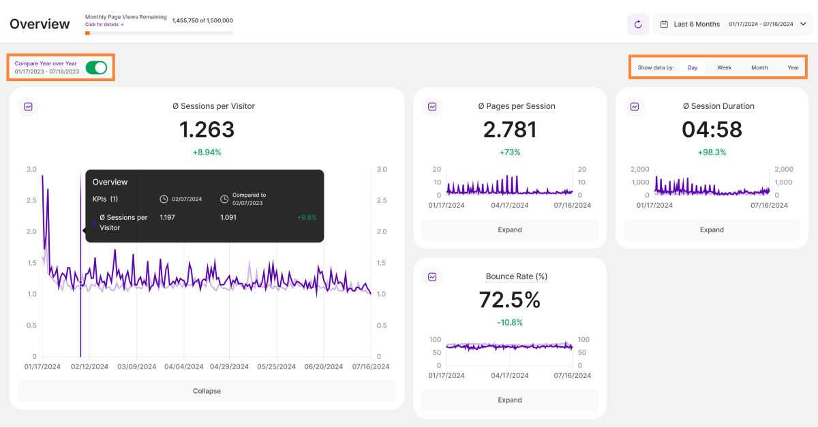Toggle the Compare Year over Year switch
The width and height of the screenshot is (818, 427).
pyautogui.click(x=96, y=67)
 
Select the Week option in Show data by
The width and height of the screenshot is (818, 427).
pyautogui.click(x=724, y=67)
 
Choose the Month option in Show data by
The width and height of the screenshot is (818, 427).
pyautogui.click(x=759, y=67)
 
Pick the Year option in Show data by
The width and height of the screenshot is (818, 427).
pyautogui.click(x=793, y=67)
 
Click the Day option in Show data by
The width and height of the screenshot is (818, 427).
pyautogui.click(x=693, y=67)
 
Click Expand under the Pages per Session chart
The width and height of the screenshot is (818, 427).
pyautogui.click(x=510, y=230)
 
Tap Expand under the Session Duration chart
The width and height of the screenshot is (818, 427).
pyautogui.click(x=712, y=230)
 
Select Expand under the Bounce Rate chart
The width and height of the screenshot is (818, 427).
pyautogui.click(x=510, y=400)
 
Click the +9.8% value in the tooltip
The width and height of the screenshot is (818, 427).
pyautogui.click(x=307, y=218)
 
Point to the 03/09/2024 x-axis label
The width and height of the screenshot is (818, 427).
pyautogui.click(x=137, y=366)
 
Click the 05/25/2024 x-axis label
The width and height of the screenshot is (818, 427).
pyautogui.click(x=277, y=366)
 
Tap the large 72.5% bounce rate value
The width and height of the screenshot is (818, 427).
pyautogui.click(x=510, y=300)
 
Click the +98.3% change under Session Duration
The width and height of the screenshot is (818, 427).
pyautogui.click(x=712, y=153)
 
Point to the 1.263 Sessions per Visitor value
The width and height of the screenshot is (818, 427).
pyautogui.click(x=207, y=129)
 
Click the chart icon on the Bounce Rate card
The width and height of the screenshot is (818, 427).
pyautogui.click(x=432, y=277)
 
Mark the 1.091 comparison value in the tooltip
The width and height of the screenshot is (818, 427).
pyautogui.click(x=230, y=218)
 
